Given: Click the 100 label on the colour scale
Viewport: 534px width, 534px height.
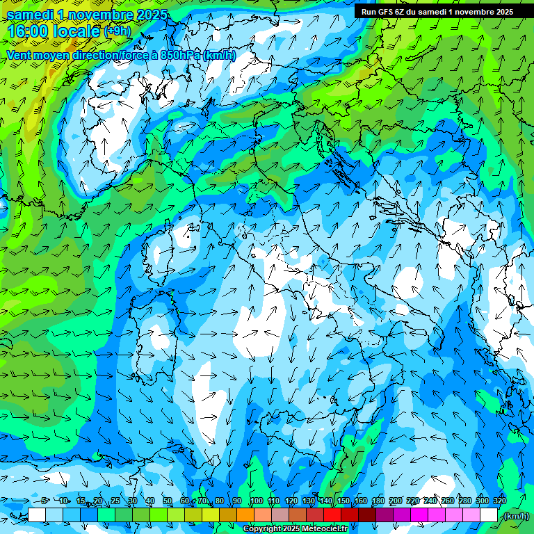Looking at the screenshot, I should pos(257,501).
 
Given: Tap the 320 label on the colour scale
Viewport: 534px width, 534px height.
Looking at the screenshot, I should pos(500,501).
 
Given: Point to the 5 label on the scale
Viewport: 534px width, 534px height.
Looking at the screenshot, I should pos(44,501).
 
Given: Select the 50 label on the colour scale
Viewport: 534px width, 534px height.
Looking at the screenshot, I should pos(168,501).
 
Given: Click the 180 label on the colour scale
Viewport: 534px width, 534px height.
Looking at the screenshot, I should pos(378,501).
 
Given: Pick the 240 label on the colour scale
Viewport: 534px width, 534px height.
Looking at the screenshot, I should pos(430,501).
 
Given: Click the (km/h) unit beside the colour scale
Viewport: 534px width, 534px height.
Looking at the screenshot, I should pos(516,516).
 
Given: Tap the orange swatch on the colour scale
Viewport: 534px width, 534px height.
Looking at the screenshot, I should pos(245,515).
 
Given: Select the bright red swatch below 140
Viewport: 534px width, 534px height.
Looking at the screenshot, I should pos(332,515).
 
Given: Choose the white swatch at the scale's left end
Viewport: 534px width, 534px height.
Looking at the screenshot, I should pos(37,515).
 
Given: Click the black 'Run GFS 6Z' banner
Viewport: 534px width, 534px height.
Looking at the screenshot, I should pos(437,11).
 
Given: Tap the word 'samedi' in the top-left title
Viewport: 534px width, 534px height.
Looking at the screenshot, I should pos(31,15).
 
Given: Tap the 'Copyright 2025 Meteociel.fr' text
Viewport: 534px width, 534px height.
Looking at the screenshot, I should pos(296,529).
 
